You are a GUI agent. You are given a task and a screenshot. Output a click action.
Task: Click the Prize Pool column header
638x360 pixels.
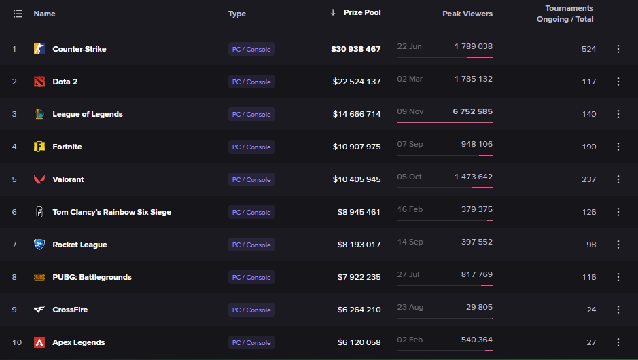coord(362,13)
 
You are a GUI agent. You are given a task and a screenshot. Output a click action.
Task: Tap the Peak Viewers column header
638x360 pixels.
coord(467,14)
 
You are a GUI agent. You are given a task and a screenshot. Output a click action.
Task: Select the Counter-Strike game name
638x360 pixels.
coord(79,49)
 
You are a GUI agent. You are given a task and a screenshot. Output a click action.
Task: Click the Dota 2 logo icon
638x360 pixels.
coord(39,82)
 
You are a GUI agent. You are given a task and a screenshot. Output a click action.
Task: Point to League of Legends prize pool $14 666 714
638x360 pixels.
coord(357,114)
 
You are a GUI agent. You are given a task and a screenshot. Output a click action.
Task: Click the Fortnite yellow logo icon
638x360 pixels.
coord(39,147)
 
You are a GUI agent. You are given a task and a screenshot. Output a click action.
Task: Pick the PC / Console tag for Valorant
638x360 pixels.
coord(251,179)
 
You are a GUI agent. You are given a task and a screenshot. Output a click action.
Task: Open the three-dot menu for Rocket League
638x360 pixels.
coord(618,245)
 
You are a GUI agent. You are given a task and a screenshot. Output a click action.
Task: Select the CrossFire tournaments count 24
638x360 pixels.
coord(591,310)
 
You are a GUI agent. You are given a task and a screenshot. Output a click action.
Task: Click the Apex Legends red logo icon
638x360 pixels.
coord(39,342)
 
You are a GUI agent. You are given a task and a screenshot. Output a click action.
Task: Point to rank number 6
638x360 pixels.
coord(14,212)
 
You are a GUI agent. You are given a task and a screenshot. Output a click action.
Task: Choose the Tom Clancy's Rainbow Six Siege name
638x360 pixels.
coord(112,212)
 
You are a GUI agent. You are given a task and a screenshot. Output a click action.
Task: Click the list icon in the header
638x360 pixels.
coord(18,14)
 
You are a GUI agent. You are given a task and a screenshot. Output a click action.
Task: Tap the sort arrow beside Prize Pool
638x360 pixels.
coord(333,13)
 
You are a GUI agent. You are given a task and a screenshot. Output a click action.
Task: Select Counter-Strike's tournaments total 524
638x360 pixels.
coord(588,49)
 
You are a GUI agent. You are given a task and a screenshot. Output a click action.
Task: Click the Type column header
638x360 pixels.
coord(237,14)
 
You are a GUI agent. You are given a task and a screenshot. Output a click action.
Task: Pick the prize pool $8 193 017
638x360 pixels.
coord(359,245)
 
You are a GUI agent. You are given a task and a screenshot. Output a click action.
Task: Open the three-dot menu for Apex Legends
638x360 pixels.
coord(618,342)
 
